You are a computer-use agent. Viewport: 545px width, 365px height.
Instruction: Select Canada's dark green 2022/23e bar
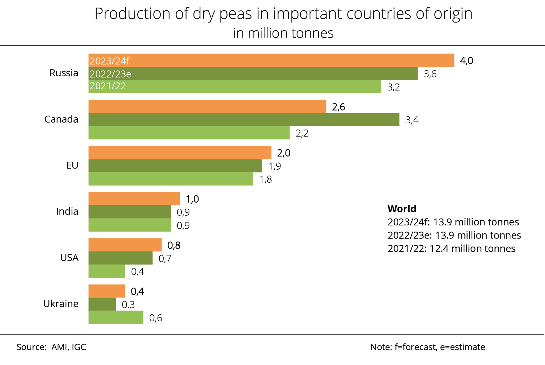[244, 120]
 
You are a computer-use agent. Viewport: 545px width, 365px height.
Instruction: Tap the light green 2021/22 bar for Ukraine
[116, 317]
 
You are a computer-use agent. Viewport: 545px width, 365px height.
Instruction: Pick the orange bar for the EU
[180, 153]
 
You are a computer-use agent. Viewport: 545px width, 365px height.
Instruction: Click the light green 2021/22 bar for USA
[107, 271]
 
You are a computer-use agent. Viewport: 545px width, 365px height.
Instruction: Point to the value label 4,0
[466, 61]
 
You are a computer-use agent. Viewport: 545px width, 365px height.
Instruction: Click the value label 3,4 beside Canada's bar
[412, 120]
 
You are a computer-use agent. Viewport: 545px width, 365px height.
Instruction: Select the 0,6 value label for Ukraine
[156, 318]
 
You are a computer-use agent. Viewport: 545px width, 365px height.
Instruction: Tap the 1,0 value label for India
[192, 199]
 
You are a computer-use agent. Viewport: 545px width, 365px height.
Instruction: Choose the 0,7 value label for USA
[165, 259]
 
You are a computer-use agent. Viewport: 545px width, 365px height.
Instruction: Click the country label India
[67, 212]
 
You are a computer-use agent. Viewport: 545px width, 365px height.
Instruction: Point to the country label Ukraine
[61, 304]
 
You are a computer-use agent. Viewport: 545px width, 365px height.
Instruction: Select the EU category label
[72, 166]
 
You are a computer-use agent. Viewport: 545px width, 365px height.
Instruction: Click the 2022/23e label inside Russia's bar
[110, 74]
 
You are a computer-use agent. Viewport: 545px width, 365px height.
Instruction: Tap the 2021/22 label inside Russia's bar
[108, 86]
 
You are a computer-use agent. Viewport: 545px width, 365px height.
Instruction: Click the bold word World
[402, 209]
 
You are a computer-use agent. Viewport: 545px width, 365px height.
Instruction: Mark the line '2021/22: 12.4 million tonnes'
[451, 249]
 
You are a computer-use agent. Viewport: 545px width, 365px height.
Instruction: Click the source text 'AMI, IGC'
[69, 347]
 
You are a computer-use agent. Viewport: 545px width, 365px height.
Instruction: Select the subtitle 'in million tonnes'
[283, 33]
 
